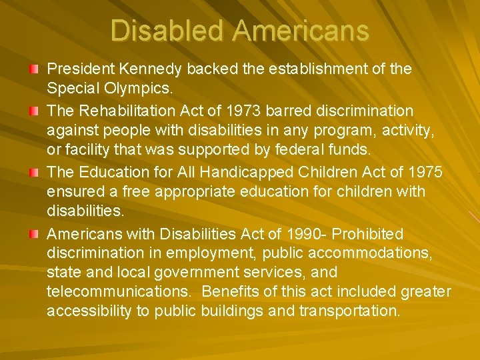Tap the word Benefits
click(x=230, y=291)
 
